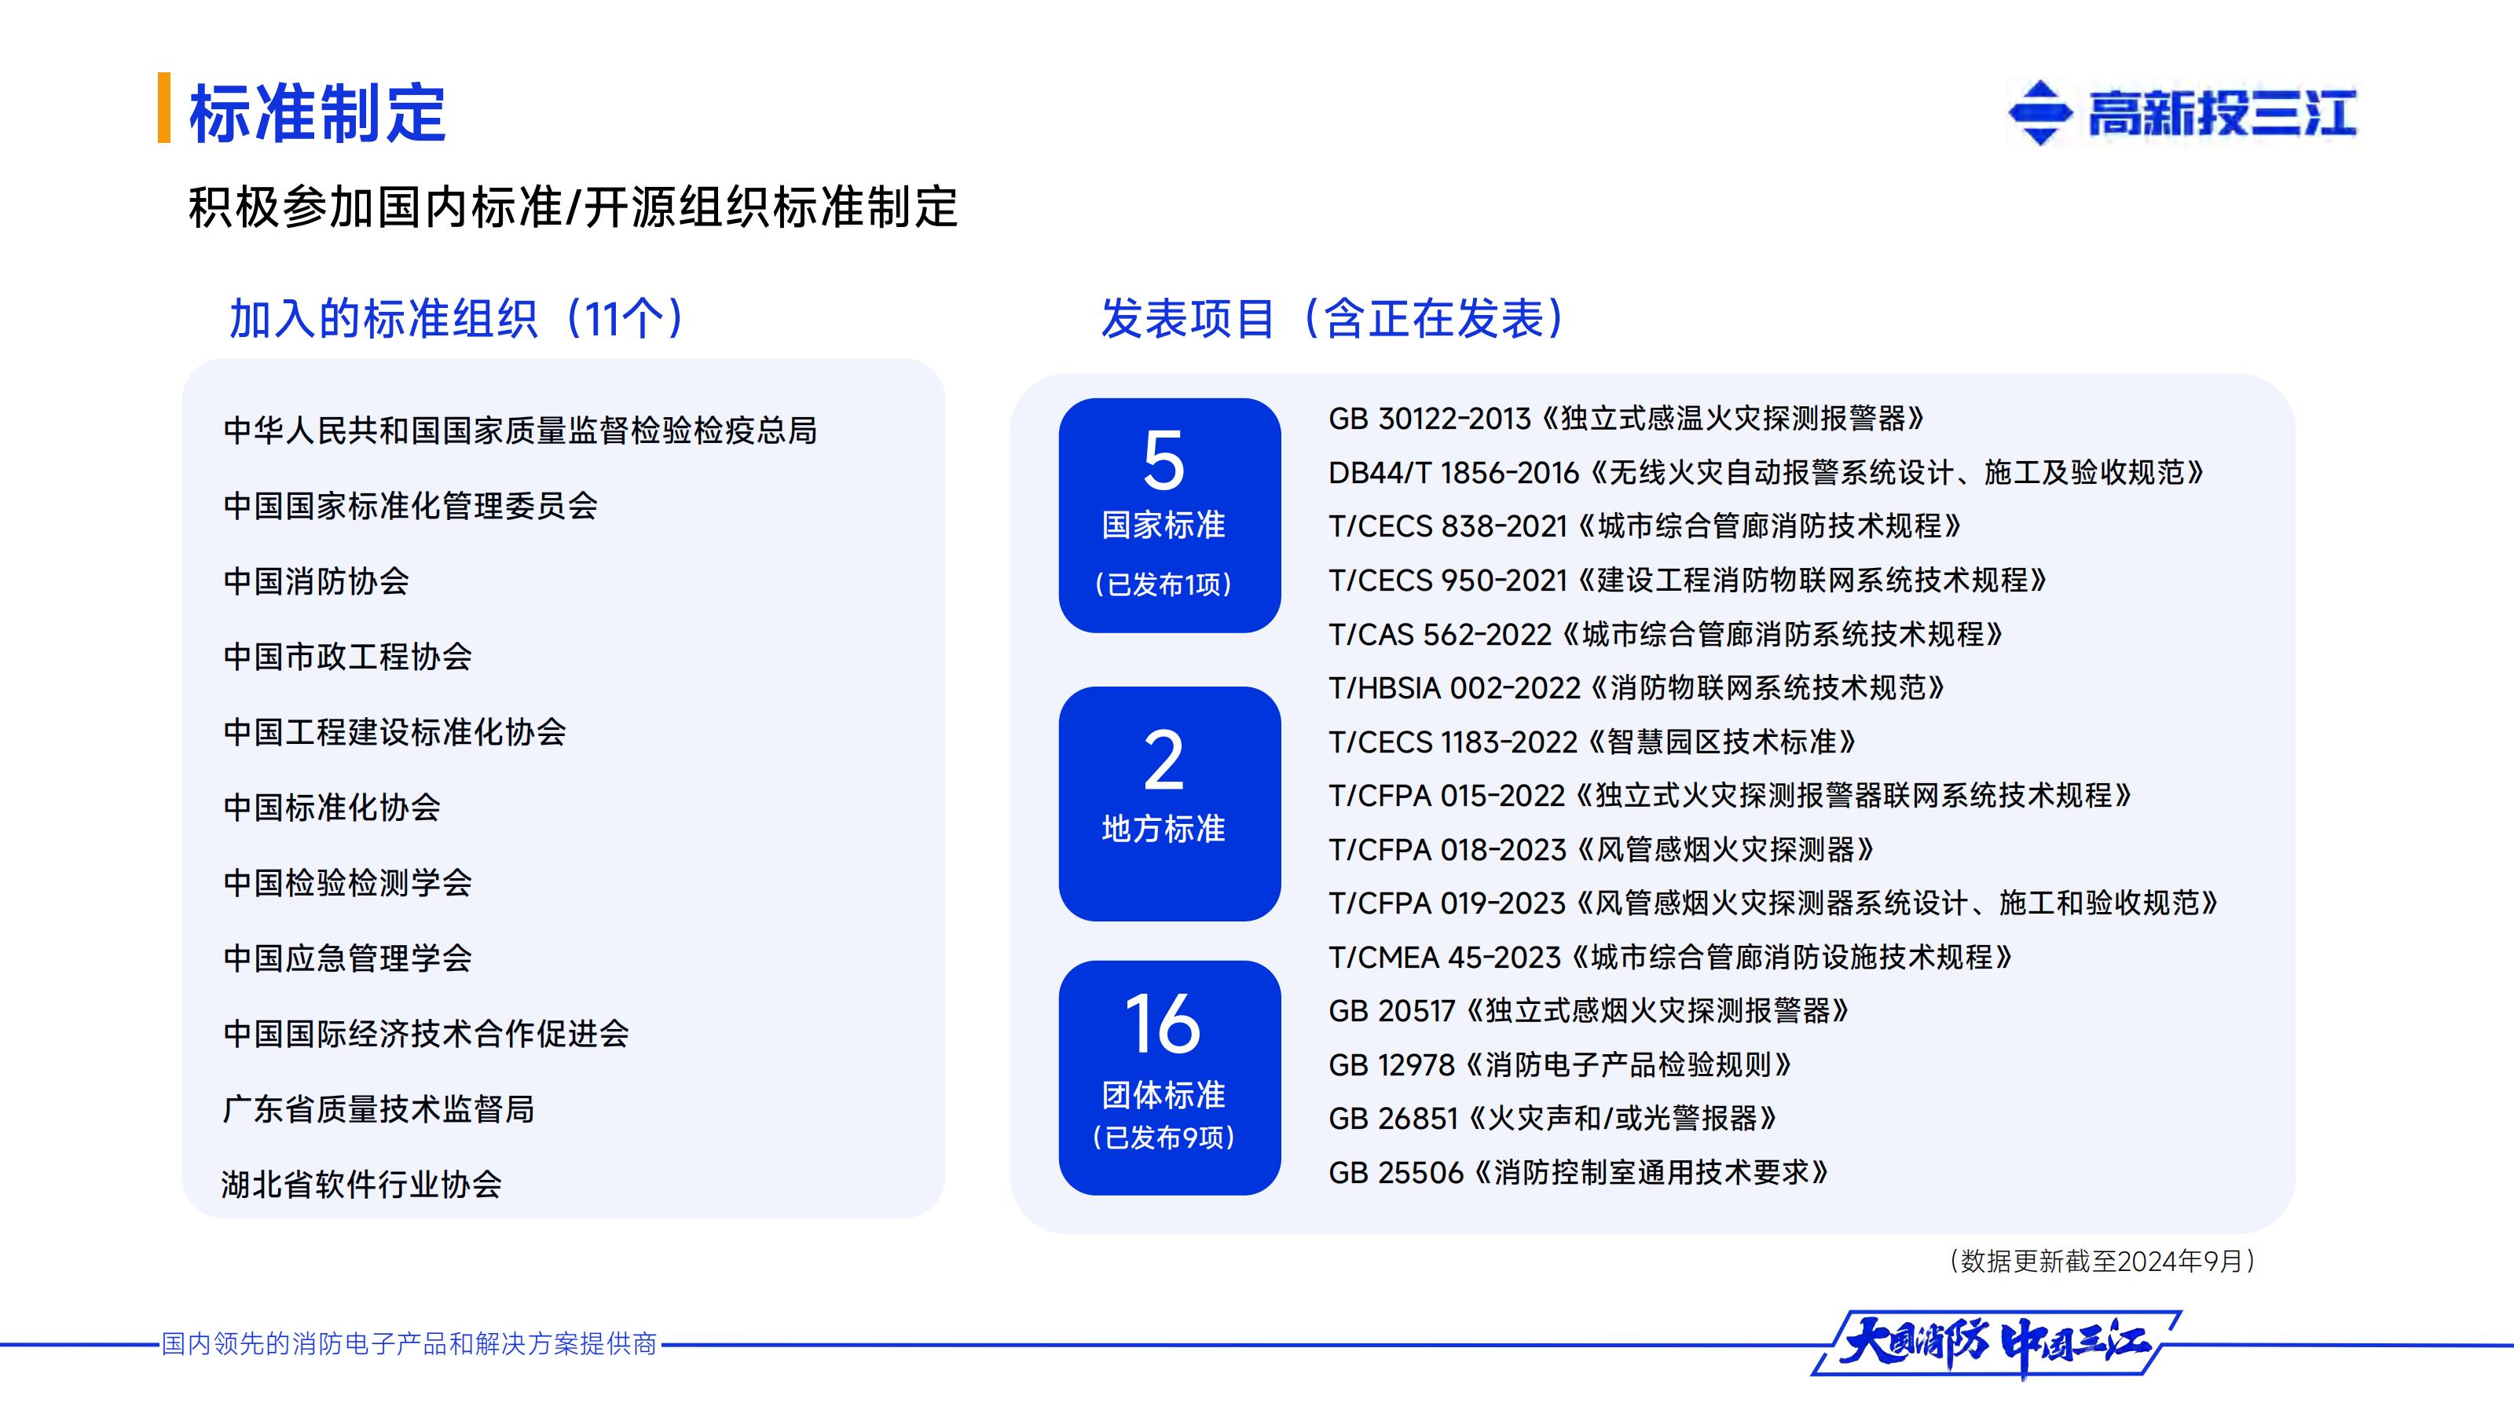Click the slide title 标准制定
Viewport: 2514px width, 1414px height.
(x=317, y=113)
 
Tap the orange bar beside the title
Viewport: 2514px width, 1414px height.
(x=164, y=108)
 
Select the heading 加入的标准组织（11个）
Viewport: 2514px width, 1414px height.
(x=456, y=318)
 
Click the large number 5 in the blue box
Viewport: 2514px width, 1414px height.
(x=1164, y=460)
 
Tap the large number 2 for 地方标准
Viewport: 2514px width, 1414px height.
(x=1164, y=760)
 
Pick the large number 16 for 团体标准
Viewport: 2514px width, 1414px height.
(x=1163, y=1023)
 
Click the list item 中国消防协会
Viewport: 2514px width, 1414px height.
(x=316, y=581)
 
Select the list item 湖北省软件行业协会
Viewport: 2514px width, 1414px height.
(x=361, y=1185)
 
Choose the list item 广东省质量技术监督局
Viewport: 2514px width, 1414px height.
(x=379, y=1109)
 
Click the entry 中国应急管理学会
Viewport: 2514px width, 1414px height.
(x=347, y=958)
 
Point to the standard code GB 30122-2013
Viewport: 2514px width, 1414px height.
(x=1430, y=419)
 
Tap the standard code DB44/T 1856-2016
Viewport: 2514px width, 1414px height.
(x=1453, y=473)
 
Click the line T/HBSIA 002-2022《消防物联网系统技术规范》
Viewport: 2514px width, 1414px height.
(x=1636, y=689)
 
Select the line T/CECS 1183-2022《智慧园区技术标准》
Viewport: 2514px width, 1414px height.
(x=1592, y=742)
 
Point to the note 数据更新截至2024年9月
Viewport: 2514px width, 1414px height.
(x=2102, y=1262)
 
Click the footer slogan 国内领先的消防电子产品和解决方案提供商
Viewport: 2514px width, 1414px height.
(x=409, y=1345)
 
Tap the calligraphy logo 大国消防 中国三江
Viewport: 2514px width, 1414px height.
(x=1995, y=1345)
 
